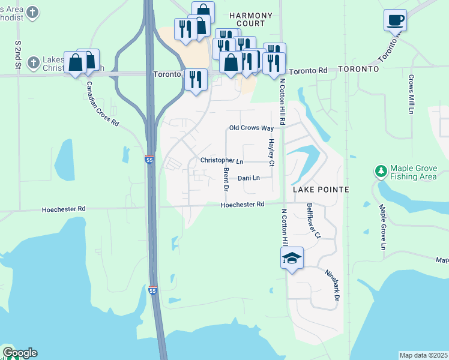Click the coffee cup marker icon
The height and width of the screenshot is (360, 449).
[x=395, y=19]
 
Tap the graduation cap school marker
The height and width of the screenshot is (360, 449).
[x=292, y=259]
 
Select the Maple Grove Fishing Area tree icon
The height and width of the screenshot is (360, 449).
[x=381, y=172]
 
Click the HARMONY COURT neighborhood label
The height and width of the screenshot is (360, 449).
[x=251, y=19]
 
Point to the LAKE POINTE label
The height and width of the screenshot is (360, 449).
[x=321, y=190]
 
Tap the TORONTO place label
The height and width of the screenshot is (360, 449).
[x=358, y=70]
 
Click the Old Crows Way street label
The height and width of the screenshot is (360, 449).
[x=251, y=128]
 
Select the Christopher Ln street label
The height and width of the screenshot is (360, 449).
[x=221, y=161]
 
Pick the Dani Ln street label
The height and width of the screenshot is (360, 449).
[x=249, y=178]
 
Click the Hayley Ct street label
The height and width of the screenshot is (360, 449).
[x=271, y=153]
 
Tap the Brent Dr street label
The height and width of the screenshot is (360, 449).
[x=226, y=179]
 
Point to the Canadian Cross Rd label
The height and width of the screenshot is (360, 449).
[x=103, y=103]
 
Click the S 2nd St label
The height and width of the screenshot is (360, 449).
[x=18, y=53]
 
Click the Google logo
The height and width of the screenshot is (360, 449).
[x=20, y=353]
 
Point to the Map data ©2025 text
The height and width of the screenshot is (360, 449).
[x=424, y=355]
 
